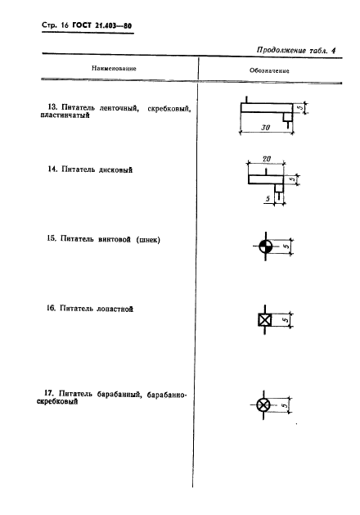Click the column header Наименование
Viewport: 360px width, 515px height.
click(x=114, y=68)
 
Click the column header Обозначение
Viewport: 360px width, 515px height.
click(x=269, y=70)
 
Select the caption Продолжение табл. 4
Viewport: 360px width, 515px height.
click(x=296, y=50)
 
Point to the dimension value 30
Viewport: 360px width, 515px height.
click(x=265, y=127)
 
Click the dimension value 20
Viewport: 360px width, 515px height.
click(x=267, y=159)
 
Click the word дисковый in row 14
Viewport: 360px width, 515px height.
click(x=116, y=169)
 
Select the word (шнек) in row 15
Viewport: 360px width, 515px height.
click(x=148, y=240)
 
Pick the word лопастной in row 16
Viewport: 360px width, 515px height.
click(x=115, y=309)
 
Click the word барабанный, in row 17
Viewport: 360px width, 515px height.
click(x=119, y=394)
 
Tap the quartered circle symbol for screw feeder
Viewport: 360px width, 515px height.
click(x=265, y=246)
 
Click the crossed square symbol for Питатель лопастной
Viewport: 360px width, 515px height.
click(x=265, y=319)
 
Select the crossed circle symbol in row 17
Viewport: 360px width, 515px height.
click(x=263, y=405)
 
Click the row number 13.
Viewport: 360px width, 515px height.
click(x=52, y=107)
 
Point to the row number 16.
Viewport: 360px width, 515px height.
click(x=51, y=308)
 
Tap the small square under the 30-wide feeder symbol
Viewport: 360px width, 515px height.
click(x=288, y=116)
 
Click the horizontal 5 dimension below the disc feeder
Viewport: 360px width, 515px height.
click(x=268, y=199)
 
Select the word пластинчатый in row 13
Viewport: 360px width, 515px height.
click(x=65, y=115)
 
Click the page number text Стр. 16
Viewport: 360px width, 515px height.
click(x=55, y=25)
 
